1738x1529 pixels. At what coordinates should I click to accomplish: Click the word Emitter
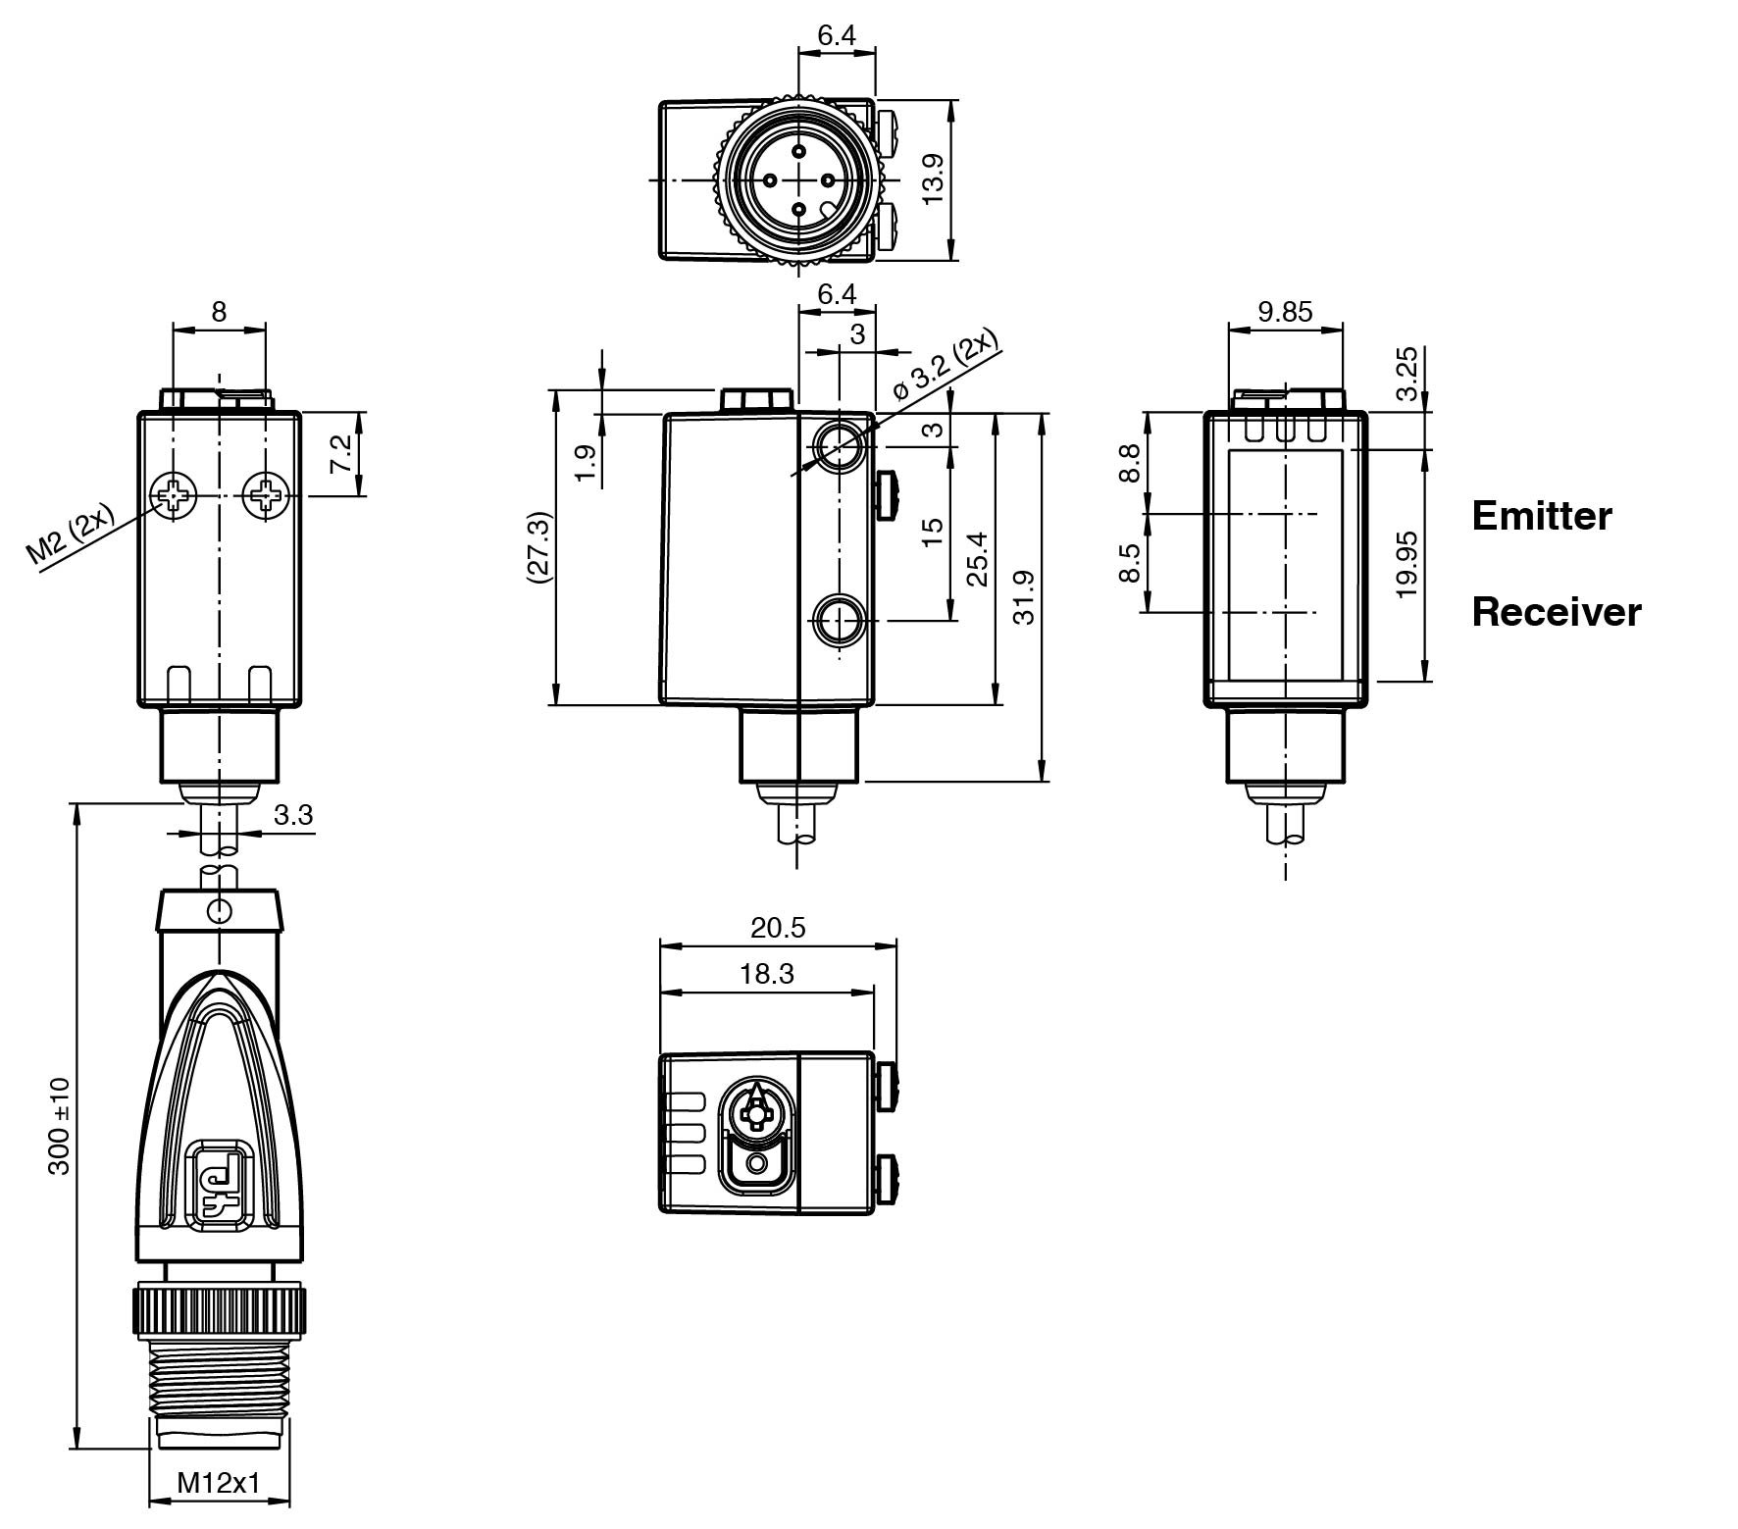[x=1541, y=516]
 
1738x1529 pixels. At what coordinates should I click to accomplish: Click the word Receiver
[x=1556, y=612]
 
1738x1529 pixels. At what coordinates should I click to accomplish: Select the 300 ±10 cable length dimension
[x=60, y=1126]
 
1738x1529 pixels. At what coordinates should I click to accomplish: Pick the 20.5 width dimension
[x=778, y=928]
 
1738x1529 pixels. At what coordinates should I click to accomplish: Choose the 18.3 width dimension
[x=767, y=974]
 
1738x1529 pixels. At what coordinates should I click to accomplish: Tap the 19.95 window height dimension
[x=1406, y=565]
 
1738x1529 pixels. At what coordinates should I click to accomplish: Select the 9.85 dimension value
[x=1284, y=312]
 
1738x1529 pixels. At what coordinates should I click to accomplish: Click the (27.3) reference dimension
[x=539, y=547]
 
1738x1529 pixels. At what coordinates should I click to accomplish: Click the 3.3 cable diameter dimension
[x=292, y=815]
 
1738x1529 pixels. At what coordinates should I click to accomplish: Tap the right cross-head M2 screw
[x=265, y=497]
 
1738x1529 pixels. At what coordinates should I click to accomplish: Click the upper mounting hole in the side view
[x=840, y=448]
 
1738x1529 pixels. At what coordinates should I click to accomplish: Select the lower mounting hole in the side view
[x=840, y=619]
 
